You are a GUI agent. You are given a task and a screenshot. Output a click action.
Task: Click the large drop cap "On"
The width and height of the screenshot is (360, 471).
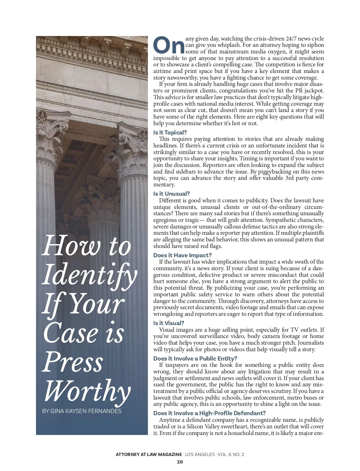pos(169,45)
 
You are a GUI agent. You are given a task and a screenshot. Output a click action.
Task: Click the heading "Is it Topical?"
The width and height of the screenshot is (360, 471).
pos(170,132)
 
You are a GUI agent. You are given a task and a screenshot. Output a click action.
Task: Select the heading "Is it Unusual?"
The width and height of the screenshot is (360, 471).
pos(172,194)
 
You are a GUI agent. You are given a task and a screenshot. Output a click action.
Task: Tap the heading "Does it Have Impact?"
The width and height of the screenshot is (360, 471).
pos(182,255)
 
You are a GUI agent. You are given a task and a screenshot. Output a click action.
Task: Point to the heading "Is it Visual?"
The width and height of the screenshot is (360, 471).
pos(169,323)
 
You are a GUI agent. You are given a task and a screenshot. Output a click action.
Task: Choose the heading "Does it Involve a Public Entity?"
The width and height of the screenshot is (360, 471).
pos(195,358)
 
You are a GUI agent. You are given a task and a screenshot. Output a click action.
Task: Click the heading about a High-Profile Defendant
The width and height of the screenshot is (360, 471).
pos(209,413)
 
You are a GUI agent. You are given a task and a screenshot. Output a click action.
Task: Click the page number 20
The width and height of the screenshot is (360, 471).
pos(180,462)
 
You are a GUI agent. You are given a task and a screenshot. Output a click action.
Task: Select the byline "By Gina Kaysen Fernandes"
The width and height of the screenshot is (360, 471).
pos(82,411)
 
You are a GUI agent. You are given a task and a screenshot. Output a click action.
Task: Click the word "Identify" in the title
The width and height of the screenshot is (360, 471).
pos(89,275)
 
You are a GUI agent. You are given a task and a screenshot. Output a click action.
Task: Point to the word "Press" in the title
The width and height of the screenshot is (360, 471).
pos(73,362)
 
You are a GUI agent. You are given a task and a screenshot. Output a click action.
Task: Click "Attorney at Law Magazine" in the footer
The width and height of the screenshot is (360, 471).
pos(149,454)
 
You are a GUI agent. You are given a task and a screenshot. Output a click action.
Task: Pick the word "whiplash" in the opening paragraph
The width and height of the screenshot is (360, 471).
pos(229,45)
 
